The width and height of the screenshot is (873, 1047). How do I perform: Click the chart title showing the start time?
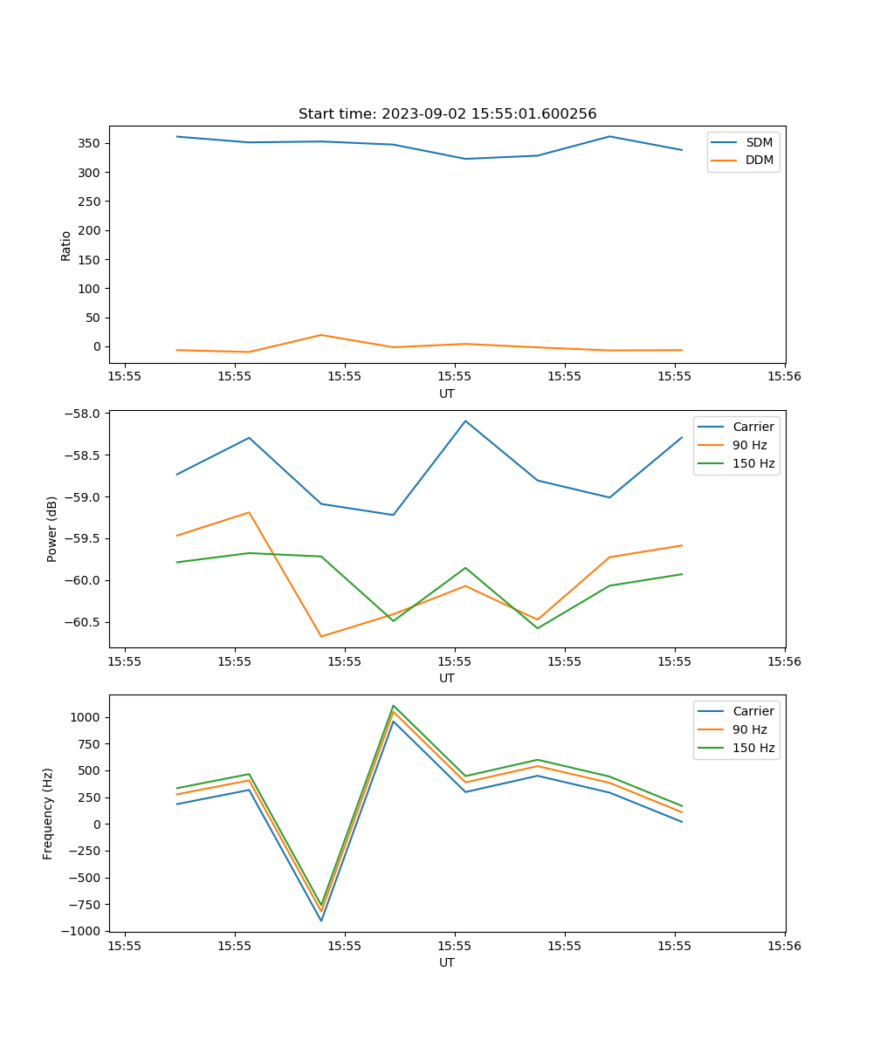[x=447, y=114]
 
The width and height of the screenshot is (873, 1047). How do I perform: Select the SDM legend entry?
[x=758, y=142]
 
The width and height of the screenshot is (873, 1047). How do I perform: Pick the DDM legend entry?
[x=759, y=161]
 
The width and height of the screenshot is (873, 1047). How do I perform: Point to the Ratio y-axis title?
[x=66, y=246]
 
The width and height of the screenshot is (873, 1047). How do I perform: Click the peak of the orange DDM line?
[x=321, y=335]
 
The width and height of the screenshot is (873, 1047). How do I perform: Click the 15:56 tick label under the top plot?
[x=784, y=377]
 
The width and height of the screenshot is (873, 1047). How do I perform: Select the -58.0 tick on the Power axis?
[x=85, y=414]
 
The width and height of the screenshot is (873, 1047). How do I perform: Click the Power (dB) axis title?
[x=52, y=529]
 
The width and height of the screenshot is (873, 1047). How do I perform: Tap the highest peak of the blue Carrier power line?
[x=465, y=421]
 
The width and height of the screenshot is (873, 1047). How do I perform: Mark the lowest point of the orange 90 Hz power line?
[x=321, y=636]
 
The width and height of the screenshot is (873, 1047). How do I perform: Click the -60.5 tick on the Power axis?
[x=85, y=622]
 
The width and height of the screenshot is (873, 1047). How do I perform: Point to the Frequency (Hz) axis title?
[x=48, y=813]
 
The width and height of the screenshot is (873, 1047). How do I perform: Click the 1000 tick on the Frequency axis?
[x=87, y=717]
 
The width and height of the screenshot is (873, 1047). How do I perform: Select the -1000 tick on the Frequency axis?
[x=83, y=931]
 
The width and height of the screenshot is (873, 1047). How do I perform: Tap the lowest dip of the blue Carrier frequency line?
[x=321, y=920]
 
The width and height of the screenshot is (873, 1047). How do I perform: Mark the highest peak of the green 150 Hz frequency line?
[x=394, y=706]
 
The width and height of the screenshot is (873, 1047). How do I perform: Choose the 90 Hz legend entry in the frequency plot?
[x=749, y=729]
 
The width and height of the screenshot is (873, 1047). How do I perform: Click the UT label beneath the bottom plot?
[x=447, y=962]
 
